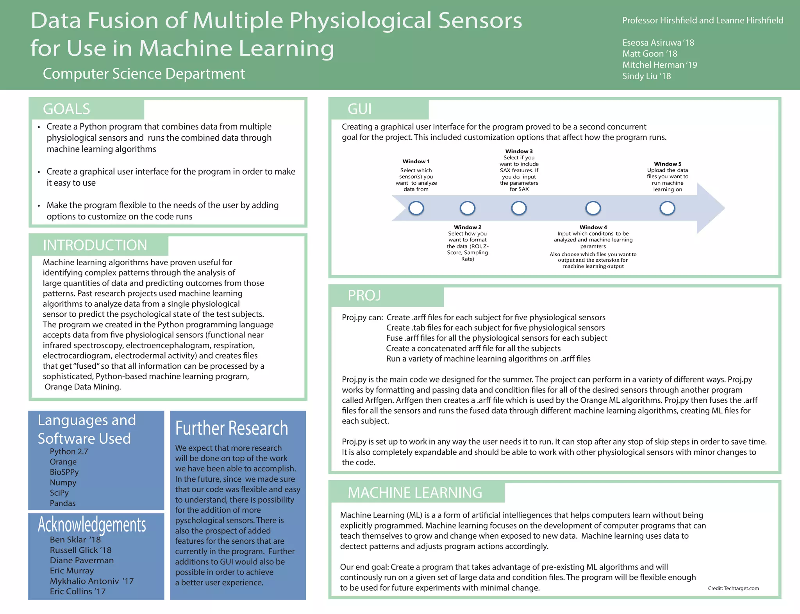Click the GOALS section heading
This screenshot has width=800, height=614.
click(x=66, y=109)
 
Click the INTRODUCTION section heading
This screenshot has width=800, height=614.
click(x=95, y=245)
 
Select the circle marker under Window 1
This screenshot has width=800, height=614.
click(x=416, y=208)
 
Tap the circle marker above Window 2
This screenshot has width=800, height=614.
click(x=467, y=208)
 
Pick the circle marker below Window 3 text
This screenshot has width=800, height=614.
click(x=519, y=208)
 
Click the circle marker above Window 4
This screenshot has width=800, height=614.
click(x=593, y=208)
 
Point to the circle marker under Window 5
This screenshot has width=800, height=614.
click(x=667, y=208)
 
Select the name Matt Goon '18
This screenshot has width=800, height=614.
click(x=650, y=54)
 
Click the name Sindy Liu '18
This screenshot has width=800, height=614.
click(x=646, y=76)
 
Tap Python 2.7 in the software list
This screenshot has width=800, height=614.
click(x=69, y=452)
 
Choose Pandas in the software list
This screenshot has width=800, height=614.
click(x=62, y=503)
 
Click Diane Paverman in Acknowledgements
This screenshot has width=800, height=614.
click(x=82, y=560)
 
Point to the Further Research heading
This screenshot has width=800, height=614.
click(x=231, y=428)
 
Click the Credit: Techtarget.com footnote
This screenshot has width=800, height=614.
click(x=733, y=588)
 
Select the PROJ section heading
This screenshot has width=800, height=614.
click(x=364, y=296)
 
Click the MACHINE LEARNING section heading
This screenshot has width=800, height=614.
click(x=415, y=493)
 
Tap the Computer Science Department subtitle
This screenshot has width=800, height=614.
click(x=144, y=74)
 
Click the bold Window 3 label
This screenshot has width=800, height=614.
click(x=519, y=151)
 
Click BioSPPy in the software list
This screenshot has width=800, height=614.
click(x=64, y=472)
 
